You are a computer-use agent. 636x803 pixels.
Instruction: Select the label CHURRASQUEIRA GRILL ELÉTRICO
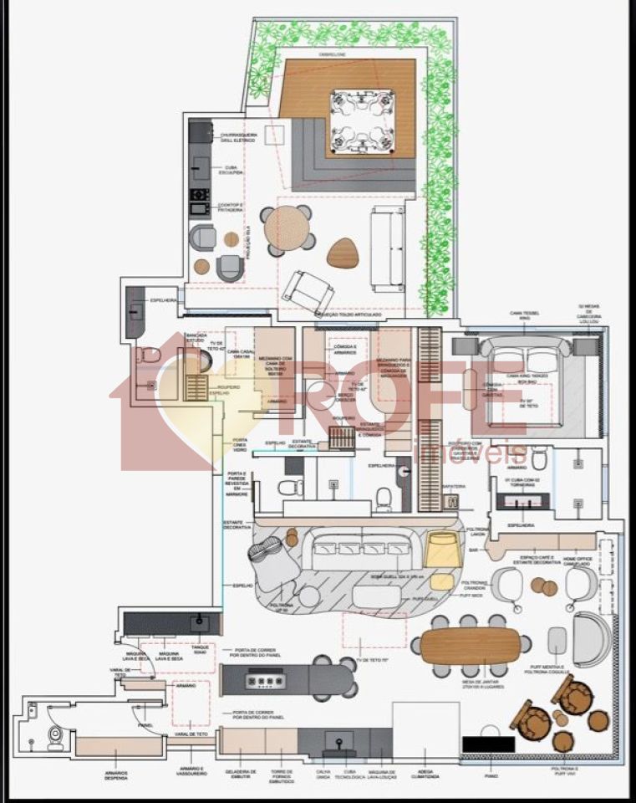[x=239, y=137]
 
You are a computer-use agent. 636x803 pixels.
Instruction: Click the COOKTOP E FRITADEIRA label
[x=231, y=207]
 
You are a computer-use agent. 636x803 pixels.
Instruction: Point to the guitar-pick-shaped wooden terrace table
[x=343, y=253]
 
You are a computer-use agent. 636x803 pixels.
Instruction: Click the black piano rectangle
[x=488, y=743]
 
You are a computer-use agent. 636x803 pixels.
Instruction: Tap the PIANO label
[x=491, y=775]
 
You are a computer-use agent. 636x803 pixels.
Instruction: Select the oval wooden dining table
[x=470, y=646]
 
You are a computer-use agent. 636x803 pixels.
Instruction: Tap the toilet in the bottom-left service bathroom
[x=56, y=736]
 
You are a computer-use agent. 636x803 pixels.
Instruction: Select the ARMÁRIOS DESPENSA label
[x=116, y=775]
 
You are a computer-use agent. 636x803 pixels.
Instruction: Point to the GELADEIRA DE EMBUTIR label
[x=241, y=775]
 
